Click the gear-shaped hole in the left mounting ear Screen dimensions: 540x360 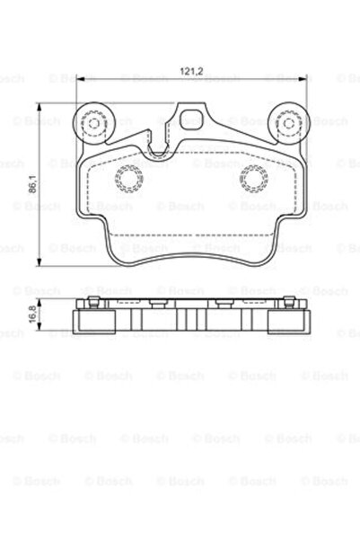92,120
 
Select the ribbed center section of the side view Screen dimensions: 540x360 189,319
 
